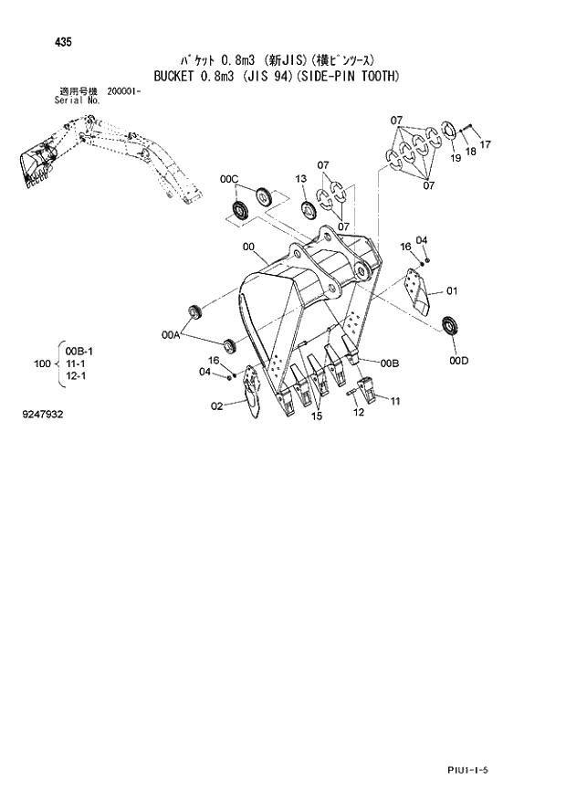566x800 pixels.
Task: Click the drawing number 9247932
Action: pos(44,415)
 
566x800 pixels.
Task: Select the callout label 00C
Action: pos(228,179)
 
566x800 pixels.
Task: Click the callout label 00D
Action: pos(458,361)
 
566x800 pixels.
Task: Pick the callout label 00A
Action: pos(171,336)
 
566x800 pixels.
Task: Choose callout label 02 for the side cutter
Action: pos(217,407)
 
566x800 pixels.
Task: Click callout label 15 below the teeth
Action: pos(316,417)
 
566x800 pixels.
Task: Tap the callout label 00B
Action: pos(390,363)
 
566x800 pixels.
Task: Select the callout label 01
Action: pos(450,292)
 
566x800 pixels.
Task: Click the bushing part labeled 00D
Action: pos(449,325)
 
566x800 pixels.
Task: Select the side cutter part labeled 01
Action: pos(419,292)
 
